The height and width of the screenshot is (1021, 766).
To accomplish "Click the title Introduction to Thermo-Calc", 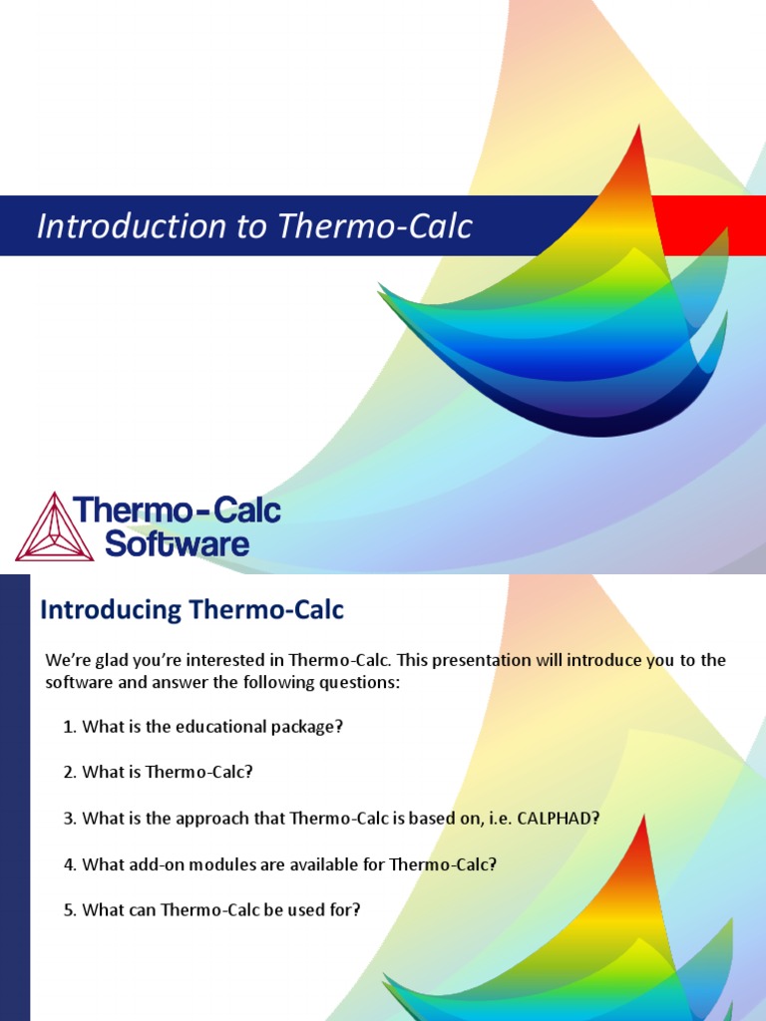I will tap(254, 227).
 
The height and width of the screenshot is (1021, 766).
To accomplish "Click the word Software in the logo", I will tap(177, 544).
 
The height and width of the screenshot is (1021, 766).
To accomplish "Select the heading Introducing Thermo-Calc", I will tap(191, 610).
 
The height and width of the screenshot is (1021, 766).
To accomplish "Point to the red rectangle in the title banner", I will tap(710, 225).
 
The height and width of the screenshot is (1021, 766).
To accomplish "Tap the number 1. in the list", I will tap(70, 727).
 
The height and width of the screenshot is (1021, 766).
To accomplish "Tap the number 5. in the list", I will tap(70, 910).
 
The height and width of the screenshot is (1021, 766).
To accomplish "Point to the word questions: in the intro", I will tap(362, 682).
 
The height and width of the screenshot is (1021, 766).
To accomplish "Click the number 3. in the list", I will tap(70, 819).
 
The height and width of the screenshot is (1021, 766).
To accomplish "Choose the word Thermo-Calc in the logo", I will tap(178, 512).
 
